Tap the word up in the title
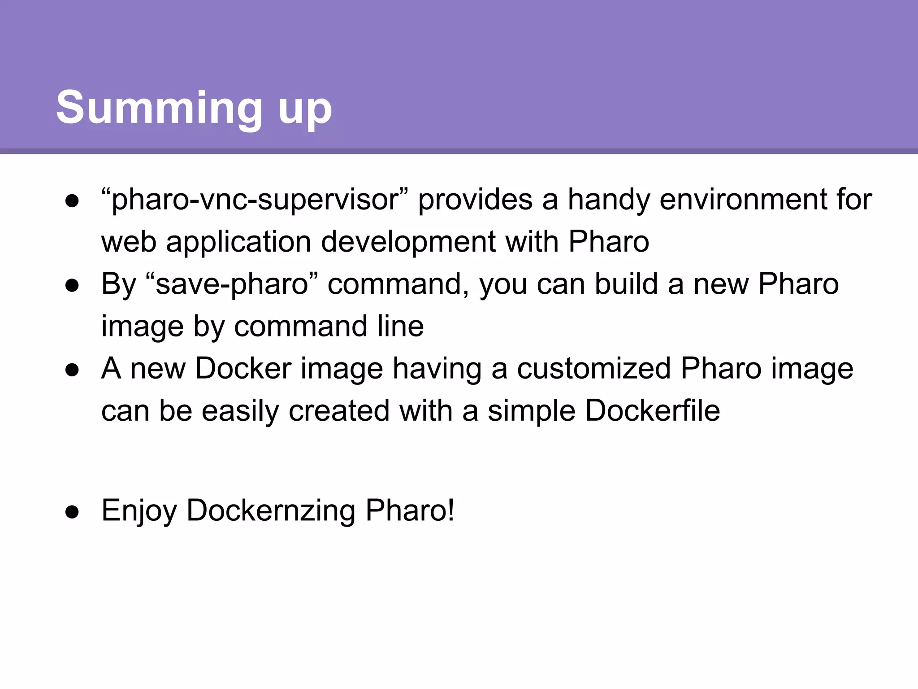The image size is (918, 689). point(305,110)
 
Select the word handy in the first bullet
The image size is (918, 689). point(609,200)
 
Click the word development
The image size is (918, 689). point(408,242)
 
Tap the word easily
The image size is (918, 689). point(240,411)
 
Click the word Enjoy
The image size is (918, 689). point(139,511)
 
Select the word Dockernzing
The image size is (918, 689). point(271,511)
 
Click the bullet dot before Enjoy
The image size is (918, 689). point(72,512)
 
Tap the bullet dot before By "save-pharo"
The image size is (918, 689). point(72,285)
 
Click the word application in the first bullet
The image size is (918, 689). point(238,242)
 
